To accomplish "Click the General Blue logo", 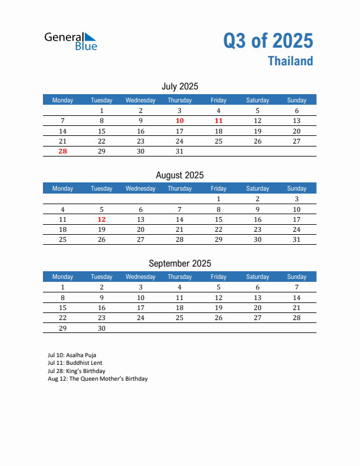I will click(x=71, y=41).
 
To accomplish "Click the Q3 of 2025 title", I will click(x=268, y=41).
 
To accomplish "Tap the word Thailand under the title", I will click(x=290, y=61).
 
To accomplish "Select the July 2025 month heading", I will click(x=179, y=86).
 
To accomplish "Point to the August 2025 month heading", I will click(x=179, y=175).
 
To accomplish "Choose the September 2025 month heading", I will click(x=179, y=263).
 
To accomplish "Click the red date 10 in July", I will click(x=179, y=121).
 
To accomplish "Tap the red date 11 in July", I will click(x=218, y=121).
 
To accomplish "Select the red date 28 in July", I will click(x=63, y=151).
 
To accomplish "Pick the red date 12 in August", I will click(x=102, y=219).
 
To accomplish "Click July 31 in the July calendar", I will click(x=179, y=151).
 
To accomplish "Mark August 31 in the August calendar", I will click(x=296, y=239).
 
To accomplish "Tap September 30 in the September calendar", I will click(x=102, y=328).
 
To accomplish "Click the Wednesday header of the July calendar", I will click(x=141, y=100).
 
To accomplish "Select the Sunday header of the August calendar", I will click(x=296, y=188).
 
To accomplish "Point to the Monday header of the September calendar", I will click(x=63, y=277).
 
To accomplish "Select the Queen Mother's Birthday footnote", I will click(x=98, y=379).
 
